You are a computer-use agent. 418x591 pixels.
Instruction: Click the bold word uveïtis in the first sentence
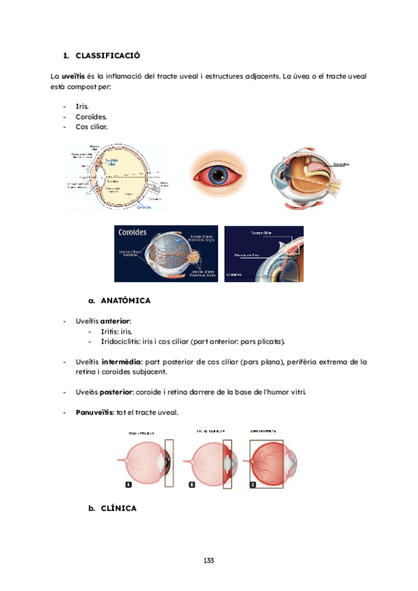[x=74, y=75]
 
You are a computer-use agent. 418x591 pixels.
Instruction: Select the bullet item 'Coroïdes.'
[x=91, y=117]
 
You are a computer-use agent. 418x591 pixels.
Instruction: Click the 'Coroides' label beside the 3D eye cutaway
[x=341, y=165]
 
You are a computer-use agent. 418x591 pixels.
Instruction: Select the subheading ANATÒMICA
[x=125, y=301]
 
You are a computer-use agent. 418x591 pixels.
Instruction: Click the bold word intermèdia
[x=124, y=362]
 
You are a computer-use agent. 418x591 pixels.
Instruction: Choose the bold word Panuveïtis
[x=96, y=412]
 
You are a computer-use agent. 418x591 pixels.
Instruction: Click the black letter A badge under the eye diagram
[x=128, y=484]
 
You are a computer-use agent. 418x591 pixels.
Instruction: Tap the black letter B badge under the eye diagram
[x=192, y=484]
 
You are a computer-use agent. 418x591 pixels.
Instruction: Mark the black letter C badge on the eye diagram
[x=252, y=484]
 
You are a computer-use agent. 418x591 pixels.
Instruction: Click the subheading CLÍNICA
[x=118, y=509]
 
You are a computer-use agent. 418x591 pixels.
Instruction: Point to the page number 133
[x=209, y=560]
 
